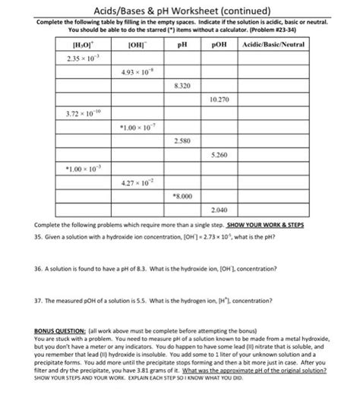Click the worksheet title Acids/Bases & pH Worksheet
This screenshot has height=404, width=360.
point(180,9)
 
